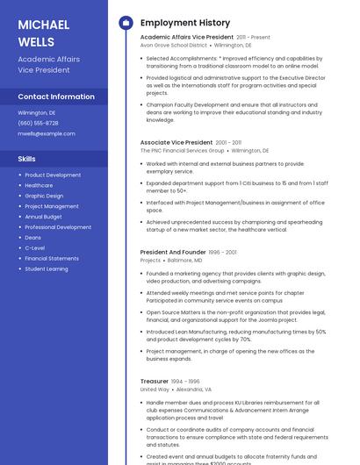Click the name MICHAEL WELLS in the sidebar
37,32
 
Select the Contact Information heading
56,97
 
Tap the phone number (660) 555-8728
38,123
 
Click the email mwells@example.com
47,133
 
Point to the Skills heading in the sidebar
27,159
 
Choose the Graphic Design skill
44,196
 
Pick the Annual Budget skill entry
44,217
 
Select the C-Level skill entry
35,248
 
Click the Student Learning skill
47,268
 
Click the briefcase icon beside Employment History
126,23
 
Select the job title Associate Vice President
176,142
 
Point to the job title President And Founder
173,252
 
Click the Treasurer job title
155,382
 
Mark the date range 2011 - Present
254,38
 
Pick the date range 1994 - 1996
185,382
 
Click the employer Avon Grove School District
174,45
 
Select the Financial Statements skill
52,259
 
